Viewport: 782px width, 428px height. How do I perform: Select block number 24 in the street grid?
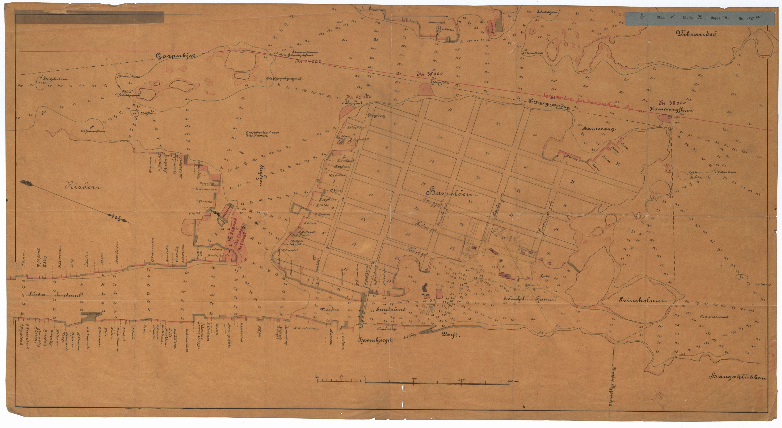tap(498, 124)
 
